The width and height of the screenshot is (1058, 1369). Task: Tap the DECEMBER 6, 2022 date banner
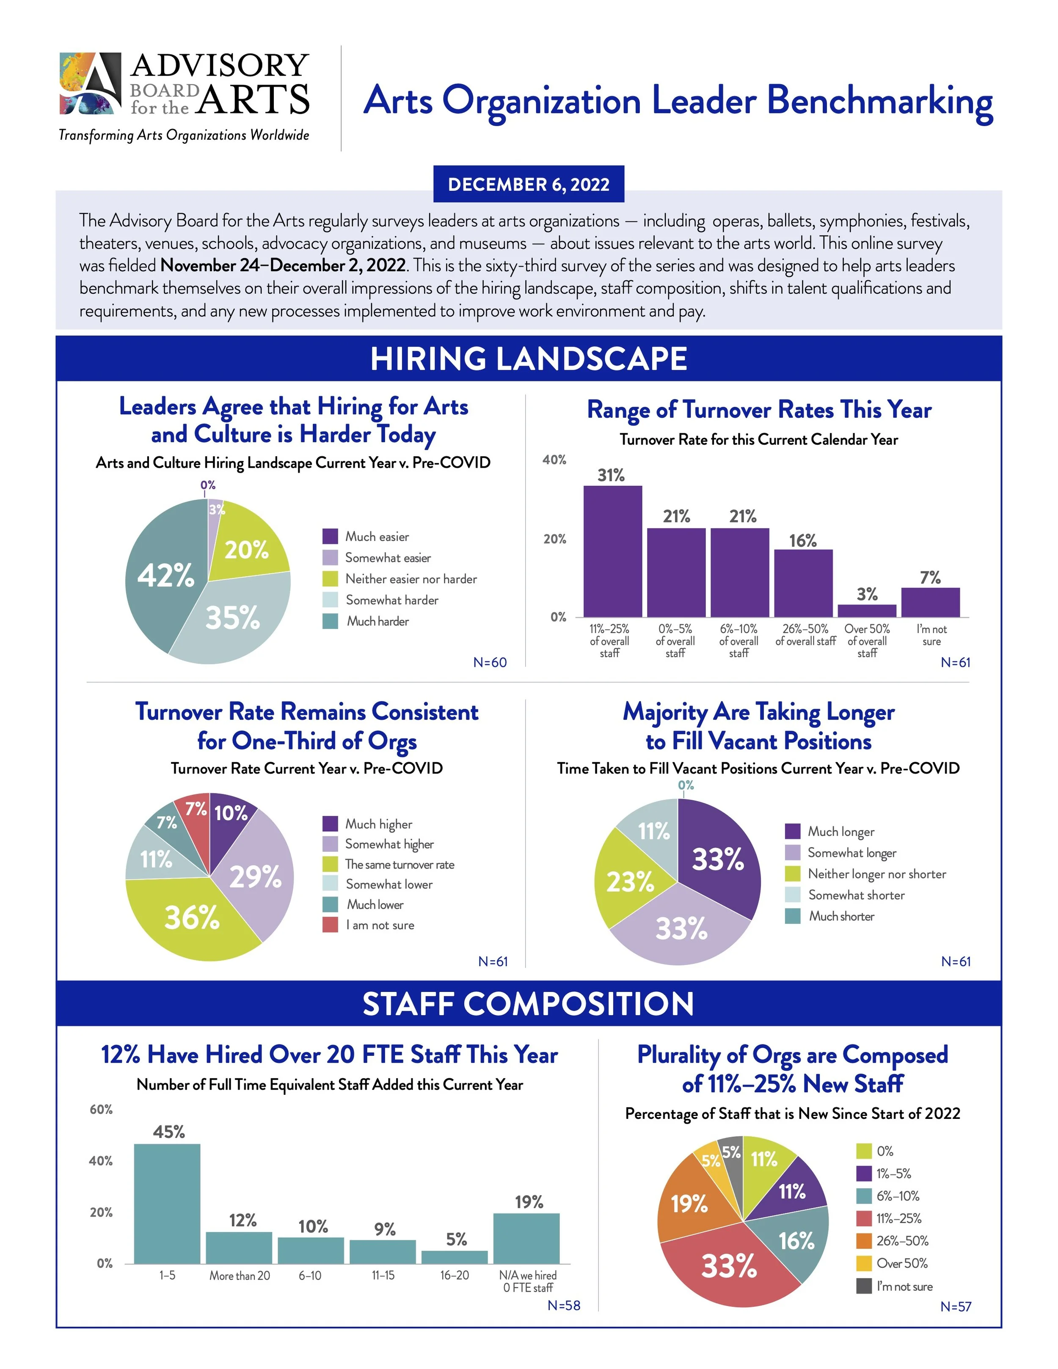[529, 184]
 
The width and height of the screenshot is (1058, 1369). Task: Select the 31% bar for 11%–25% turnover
[612, 551]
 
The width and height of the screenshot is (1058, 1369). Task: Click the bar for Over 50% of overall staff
[867, 611]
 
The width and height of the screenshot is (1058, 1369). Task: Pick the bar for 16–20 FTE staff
[455, 1257]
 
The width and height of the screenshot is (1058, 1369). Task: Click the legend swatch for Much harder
[331, 621]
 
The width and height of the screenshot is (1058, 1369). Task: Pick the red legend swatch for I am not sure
[331, 925]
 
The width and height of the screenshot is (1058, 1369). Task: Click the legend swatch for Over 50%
[864, 1263]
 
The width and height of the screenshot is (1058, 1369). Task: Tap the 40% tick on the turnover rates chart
[554, 460]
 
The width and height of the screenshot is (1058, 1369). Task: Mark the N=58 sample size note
[563, 1305]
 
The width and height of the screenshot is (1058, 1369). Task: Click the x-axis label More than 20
[240, 1275]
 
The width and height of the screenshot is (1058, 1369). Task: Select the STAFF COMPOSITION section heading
[529, 1003]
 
